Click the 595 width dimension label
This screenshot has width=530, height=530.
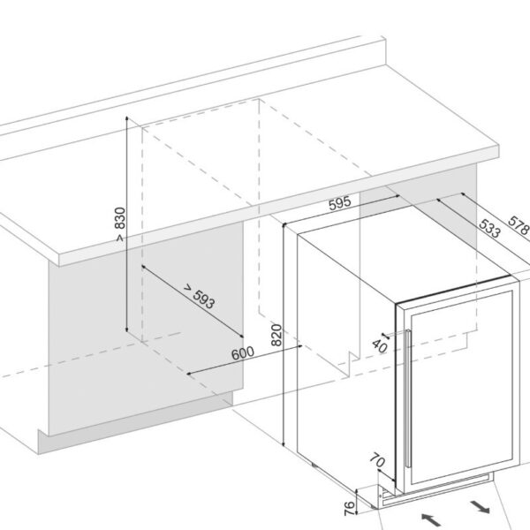coord(339,203)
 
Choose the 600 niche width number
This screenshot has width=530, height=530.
coord(243,353)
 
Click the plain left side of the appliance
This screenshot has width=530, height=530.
coord(340,353)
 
